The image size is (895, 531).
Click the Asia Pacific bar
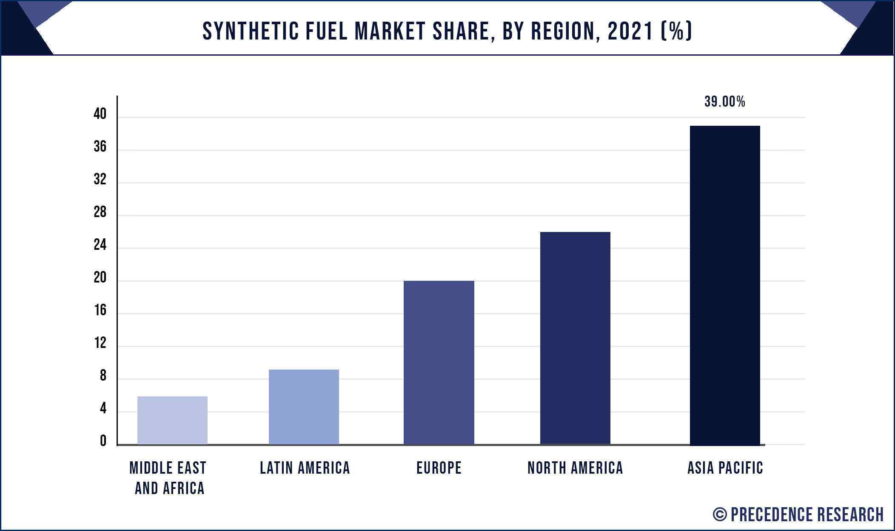point(724,285)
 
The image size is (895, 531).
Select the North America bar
point(575,338)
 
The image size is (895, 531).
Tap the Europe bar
point(439,362)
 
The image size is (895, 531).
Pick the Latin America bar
point(304,407)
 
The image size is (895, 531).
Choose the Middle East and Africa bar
point(172,420)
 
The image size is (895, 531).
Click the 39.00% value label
point(724,102)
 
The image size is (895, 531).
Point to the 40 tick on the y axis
point(100,114)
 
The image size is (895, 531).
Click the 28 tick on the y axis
point(100,212)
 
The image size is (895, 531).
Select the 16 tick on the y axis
point(100,311)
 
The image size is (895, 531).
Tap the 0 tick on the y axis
point(103,441)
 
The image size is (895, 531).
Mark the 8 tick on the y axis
point(103,376)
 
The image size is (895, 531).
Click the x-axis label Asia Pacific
point(725,468)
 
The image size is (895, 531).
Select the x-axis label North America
point(575,468)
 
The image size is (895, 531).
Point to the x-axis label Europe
point(439,468)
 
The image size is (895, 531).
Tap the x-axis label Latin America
point(305,468)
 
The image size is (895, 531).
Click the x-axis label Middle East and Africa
point(168,478)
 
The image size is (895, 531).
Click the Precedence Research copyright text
point(798,514)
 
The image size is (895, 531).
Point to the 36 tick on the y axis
point(100,147)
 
